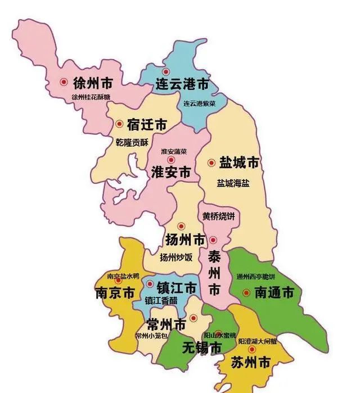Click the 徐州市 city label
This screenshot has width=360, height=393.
coord(93,83)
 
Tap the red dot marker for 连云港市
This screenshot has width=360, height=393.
coord(165,72)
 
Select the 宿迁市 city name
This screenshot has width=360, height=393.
coord(147,124)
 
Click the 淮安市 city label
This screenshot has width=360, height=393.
coord(171,173)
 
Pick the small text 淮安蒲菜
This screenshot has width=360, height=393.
coord(175,152)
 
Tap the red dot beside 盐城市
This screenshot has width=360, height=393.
coord(211,162)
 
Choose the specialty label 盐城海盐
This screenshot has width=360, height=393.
coord(233,183)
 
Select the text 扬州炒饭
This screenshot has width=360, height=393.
coord(176,258)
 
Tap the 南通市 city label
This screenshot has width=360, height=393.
coord(274,292)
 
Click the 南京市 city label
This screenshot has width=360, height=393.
coord(114,293)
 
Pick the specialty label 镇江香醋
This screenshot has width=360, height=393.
coord(161,300)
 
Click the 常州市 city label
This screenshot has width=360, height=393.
coord(166,324)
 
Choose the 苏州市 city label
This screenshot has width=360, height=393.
coord(251,363)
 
